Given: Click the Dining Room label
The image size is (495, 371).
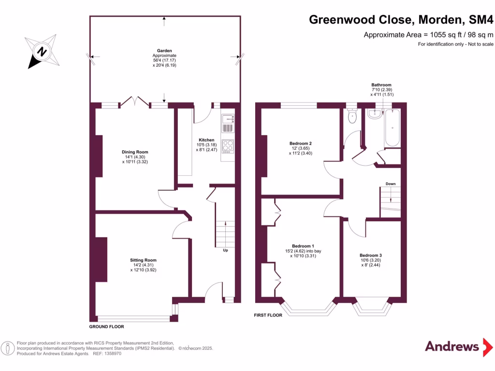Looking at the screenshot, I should pyautogui.click(x=135, y=152).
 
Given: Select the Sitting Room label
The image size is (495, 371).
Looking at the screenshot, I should pyautogui.click(x=143, y=260).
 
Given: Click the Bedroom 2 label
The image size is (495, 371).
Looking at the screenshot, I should pyautogui.click(x=300, y=143).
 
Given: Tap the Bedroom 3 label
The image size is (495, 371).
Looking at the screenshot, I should pyautogui.click(x=370, y=255).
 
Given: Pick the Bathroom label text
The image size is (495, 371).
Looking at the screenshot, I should pyautogui.click(x=381, y=85).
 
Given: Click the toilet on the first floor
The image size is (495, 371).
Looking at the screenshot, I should pyautogui.click(x=352, y=116).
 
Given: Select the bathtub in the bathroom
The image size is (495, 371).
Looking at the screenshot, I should pyautogui.click(x=392, y=128).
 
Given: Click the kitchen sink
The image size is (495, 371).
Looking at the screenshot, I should pyautogui.click(x=227, y=123).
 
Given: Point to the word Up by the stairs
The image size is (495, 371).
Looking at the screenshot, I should pyautogui.click(x=225, y=250).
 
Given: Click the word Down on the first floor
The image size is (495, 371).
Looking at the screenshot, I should pyautogui.click(x=391, y=184).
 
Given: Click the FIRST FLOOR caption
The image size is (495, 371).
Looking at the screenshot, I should pyautogui.click(x=268, y=315).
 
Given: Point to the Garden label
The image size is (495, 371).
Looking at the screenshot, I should pyautogui.click(x=164, y=51).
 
